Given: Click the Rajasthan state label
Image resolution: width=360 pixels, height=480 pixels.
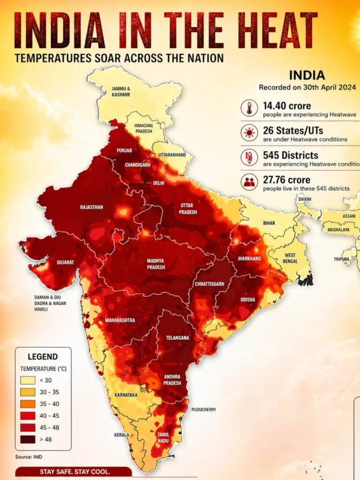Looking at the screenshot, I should (92, 207).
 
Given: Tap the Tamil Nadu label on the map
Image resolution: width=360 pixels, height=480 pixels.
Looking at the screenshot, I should (163, 438).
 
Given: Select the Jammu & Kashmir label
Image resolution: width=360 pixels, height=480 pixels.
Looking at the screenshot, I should (121, 92).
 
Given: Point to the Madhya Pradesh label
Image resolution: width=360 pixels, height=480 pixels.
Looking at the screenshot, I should (156, 264).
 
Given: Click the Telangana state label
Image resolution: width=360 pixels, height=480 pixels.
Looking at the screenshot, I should (177, 338).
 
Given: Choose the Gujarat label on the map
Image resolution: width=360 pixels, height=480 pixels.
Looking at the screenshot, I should (65, 262).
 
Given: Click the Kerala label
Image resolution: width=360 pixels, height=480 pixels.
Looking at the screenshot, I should (121, 435).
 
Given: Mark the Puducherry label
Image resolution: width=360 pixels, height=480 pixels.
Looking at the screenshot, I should (204, 410).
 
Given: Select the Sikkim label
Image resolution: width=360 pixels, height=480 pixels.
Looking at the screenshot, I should (304, 199).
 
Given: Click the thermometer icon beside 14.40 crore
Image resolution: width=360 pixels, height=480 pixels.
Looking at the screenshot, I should (248, 109).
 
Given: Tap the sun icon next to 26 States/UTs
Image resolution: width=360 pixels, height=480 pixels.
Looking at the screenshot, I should (248, 133).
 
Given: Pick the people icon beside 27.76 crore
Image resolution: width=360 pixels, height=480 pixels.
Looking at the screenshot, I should (248, 182).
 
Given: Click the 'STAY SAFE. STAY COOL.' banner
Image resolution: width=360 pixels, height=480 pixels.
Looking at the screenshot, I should (75, 472).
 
